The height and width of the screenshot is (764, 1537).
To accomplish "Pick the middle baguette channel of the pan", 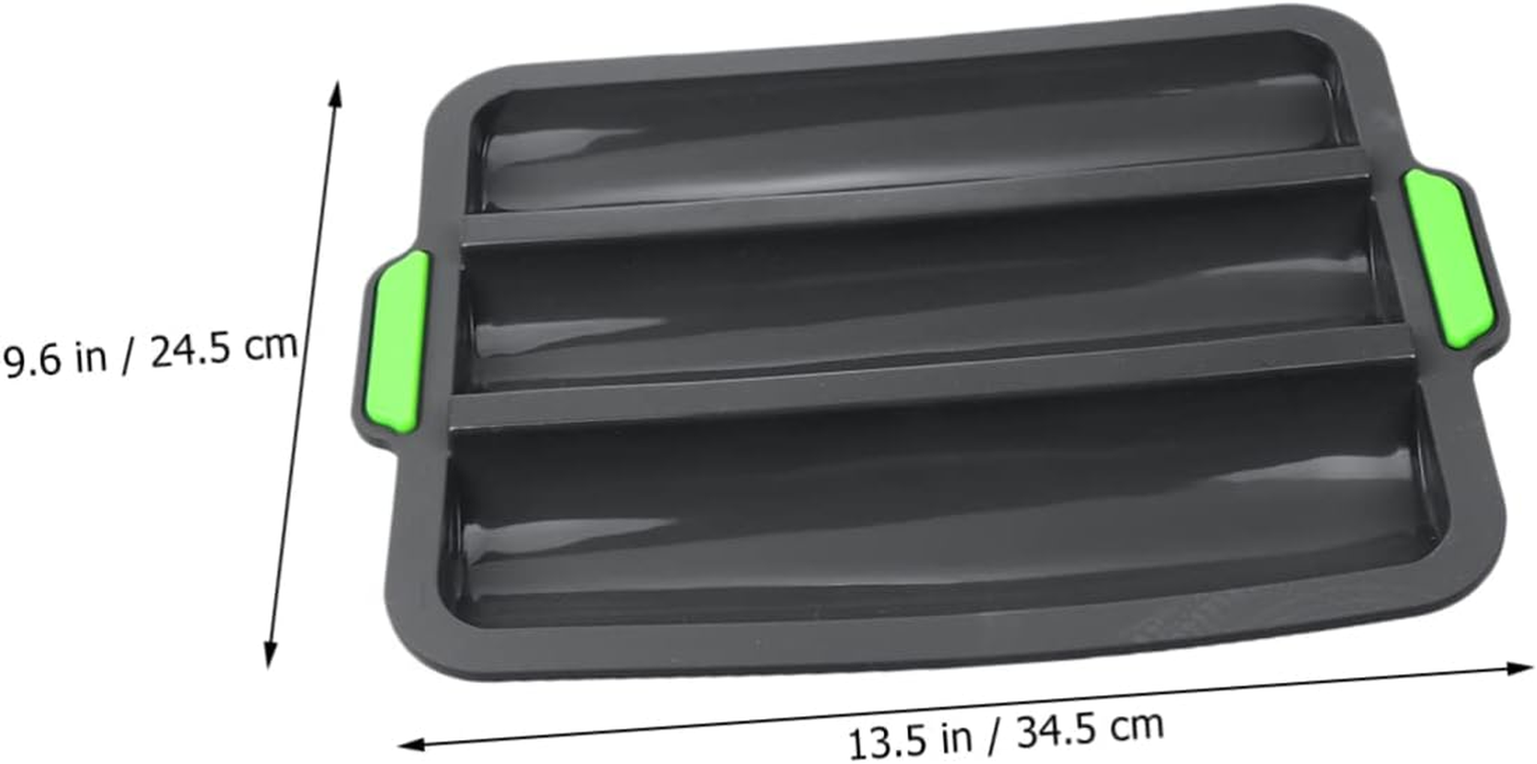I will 916,286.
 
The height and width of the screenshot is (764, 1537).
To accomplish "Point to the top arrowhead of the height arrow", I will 334,91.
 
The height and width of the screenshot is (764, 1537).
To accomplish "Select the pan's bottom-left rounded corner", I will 463,659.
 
